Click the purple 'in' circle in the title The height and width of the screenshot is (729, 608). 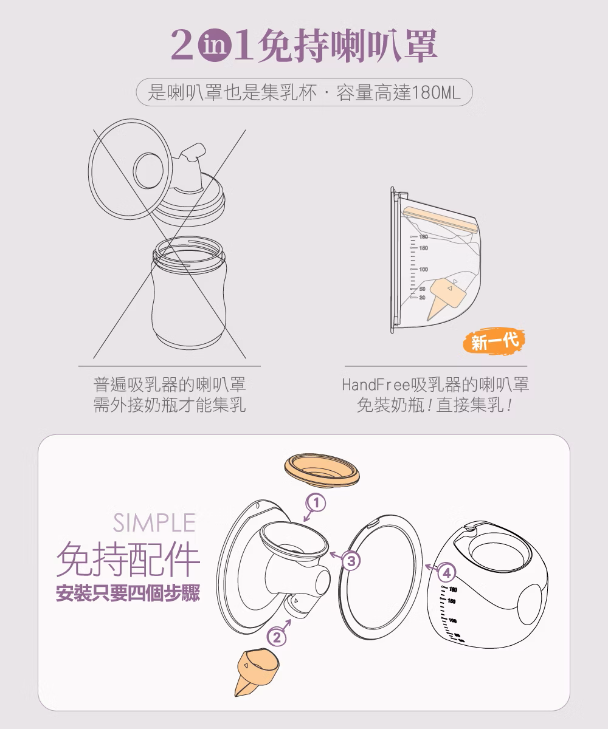coord(215,46)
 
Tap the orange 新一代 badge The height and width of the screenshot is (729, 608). coord(494,341)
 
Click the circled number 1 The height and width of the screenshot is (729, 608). coord(316,503)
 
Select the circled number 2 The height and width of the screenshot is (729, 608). coord(277,637)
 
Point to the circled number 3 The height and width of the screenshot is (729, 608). coord(351,561)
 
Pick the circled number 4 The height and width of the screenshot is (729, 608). coord(446,573)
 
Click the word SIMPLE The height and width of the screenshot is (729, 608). coord(154,522)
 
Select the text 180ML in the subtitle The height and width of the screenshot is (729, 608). coord(437,92)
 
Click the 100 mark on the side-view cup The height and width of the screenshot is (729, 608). coord(423,269)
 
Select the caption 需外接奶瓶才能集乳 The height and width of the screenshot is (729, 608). coord(170,405)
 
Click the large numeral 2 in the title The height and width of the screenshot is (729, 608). coord(182,45)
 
